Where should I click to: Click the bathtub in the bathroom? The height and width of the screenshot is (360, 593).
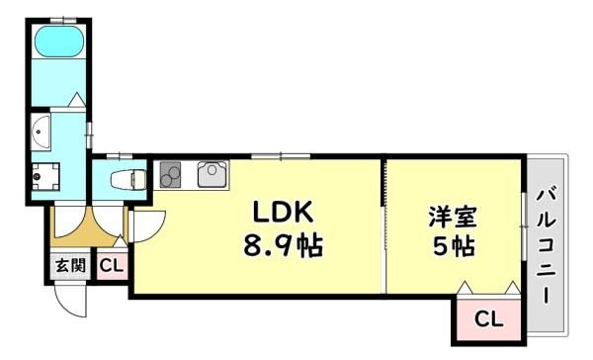(58, 42)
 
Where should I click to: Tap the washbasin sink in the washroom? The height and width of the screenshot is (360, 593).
(41, 133)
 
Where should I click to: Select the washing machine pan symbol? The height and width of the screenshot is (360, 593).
(45, 176)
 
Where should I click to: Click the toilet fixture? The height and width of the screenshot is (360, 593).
(128, 179)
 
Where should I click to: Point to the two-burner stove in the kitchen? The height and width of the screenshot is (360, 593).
(170, 174)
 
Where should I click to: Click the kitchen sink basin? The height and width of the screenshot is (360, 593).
(212, 174)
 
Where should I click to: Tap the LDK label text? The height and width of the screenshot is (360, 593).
(283, 212)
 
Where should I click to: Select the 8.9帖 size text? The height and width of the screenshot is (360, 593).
(283, 245)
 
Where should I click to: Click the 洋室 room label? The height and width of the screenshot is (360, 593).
(453, 217)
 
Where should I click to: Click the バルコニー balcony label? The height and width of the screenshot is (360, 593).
(546, 246)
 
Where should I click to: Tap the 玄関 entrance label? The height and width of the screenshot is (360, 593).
(70, 266)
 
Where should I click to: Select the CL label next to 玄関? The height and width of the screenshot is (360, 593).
(111, 266)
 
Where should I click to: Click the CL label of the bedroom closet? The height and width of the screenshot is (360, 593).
(488, 319)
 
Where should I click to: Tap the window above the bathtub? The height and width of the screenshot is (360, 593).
(63, 20)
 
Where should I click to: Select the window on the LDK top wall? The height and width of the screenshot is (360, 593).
(281, 155)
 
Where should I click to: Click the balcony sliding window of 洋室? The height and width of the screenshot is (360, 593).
(524, 226)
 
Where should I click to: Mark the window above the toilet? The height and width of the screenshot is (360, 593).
(120, 155)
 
